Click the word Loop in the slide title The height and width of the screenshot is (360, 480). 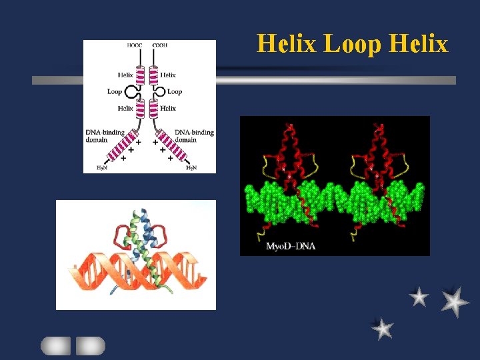point(353,44)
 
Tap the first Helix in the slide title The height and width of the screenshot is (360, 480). point(288,44)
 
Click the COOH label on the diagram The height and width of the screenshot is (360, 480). point(160,46)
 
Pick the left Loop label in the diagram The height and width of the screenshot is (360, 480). point(115,91)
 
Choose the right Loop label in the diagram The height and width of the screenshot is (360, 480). point(175,91)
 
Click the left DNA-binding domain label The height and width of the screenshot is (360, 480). point(105,136)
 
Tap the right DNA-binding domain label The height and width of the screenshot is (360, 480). point(194,136)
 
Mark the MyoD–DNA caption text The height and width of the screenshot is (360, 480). point(291,247)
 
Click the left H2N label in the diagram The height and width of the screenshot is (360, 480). point(101,168)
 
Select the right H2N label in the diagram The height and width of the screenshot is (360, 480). point(191,168)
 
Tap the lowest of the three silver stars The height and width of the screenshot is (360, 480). point(382,328)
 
